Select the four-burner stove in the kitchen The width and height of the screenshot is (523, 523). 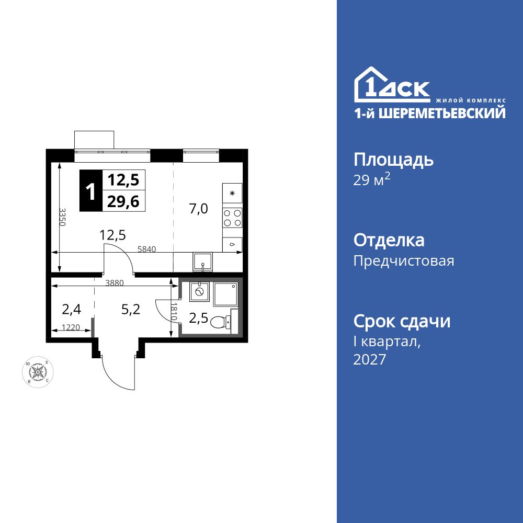click(x=232, y=217)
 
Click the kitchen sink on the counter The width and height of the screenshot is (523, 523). click(x=202, y=261)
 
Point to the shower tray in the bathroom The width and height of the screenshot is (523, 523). click(x=225, y=295)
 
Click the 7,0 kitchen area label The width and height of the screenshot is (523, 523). click(x=199, y=209)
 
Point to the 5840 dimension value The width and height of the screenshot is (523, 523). click(x=147, y=249)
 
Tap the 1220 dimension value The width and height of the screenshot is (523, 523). click(x=71, y=327)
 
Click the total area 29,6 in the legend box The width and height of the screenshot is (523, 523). click(x=123, y=201)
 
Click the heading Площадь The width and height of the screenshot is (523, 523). click(x=393, y=159)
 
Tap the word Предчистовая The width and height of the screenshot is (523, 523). click(x=404, y=260)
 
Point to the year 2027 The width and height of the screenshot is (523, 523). click(x=370, y=359)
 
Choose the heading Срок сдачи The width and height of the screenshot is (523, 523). click(x=402, y=321)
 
